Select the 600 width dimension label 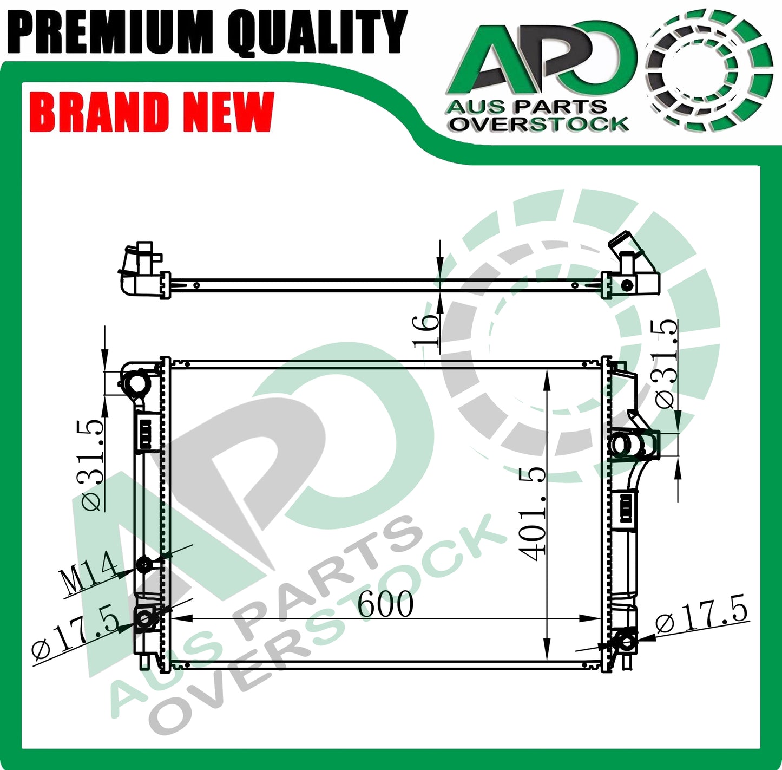[385, 604]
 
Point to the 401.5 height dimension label [531, 514]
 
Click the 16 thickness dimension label [426, 330]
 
